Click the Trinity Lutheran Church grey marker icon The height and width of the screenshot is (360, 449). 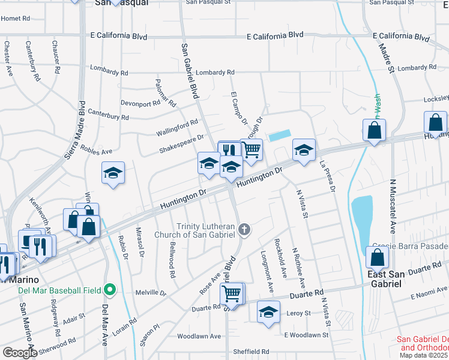[244, 229]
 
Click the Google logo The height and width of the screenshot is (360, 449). [20, 353]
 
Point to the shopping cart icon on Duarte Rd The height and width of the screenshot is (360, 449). [231, 293]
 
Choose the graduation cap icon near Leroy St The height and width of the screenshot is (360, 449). [268, 312]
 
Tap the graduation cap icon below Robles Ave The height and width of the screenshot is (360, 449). [113, 173]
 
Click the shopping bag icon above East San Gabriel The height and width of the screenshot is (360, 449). [377, 257]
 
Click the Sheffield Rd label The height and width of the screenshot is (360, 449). [253, 351]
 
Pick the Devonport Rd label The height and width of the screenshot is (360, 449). [140, 103]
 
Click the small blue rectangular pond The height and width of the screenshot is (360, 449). [280, 136]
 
